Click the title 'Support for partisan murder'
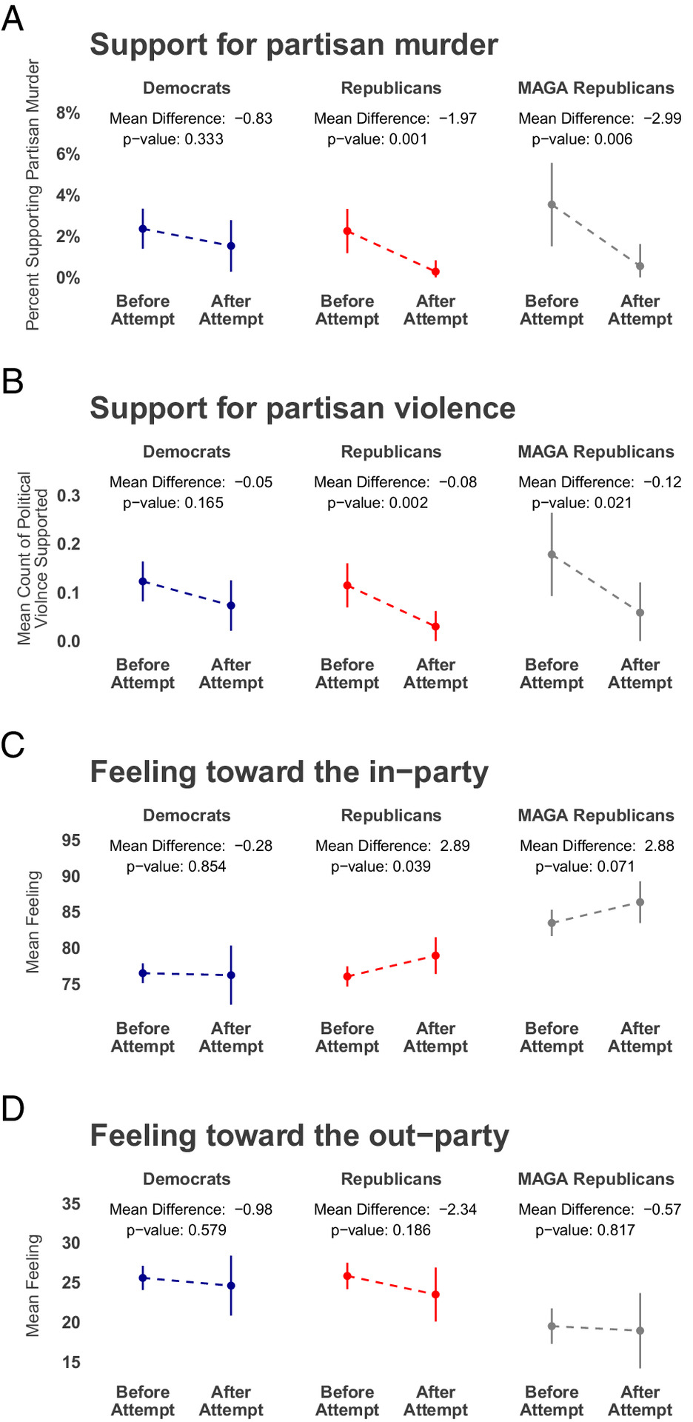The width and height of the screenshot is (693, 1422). (294, 44)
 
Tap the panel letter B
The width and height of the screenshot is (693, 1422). (13, 381)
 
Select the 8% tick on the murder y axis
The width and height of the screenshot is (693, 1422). (68, 113)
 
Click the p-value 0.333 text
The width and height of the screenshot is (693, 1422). (173, 139)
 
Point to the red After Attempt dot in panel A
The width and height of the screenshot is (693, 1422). (435, 272)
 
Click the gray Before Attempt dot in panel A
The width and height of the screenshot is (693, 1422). (552, 204)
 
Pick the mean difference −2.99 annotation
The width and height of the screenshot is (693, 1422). (600, 118)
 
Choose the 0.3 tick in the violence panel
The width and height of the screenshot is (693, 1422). (69, 495)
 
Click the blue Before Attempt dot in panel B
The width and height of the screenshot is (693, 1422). (143, 581)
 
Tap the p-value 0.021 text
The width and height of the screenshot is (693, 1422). (582, 503)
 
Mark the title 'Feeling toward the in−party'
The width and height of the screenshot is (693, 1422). (289, 772)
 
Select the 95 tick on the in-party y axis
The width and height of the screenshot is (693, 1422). (71, 841)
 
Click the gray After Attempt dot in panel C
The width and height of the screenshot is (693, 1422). (640, 902)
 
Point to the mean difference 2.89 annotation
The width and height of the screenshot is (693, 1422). (392, 846)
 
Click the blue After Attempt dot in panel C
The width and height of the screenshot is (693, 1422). (231, 975)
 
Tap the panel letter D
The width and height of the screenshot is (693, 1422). (13, 1109)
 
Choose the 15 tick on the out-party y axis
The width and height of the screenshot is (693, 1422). (71, 1362)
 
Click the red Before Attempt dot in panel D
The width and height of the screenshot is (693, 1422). (347, 1276)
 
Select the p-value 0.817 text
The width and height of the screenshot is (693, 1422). (585, 1230)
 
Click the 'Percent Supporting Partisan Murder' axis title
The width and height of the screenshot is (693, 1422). (33, 195)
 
